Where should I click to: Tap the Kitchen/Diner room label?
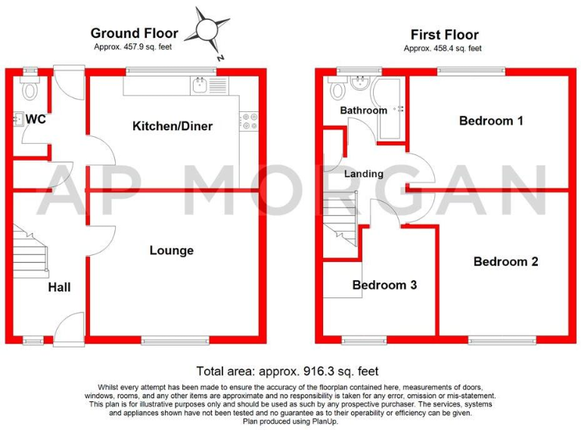172,126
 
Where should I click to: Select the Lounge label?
171,251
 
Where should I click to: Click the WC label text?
36,120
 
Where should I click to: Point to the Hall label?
59,288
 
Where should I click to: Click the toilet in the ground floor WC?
30,91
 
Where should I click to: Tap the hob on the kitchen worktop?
249,121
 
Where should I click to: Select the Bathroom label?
363,111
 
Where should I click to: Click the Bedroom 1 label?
491,120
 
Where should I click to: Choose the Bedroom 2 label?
505,262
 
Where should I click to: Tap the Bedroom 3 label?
384,285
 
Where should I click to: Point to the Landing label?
364,174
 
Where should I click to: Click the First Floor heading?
444,35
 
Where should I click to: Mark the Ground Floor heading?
134,33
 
